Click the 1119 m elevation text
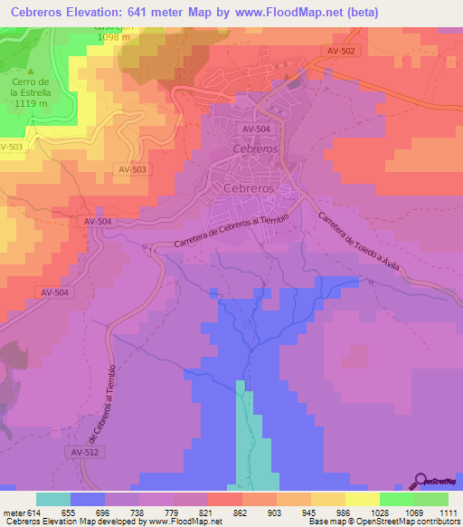point(31,104)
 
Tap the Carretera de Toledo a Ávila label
point(357,248)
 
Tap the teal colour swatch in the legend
point(53,499)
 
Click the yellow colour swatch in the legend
point(363,499)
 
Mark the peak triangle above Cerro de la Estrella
point(31,72)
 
